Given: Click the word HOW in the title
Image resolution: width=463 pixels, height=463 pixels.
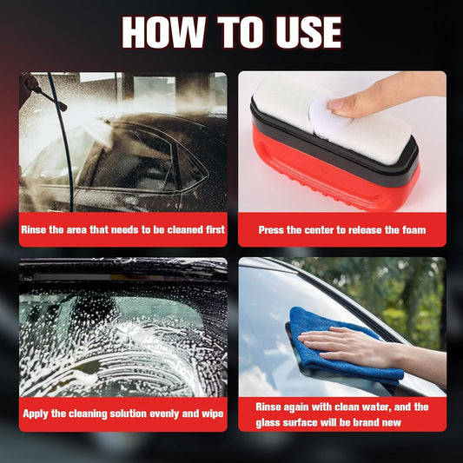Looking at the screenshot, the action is coord(163,32).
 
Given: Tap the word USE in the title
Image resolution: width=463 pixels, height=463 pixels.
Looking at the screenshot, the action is coord(308,32).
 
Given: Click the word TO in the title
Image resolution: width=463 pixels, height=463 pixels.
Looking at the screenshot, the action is coord(240,32).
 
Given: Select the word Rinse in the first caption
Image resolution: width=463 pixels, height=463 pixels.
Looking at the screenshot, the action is coord(34,229).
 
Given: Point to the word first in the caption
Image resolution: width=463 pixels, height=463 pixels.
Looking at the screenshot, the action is coord(215,229).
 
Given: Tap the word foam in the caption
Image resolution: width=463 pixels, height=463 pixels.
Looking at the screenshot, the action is coord(414,230).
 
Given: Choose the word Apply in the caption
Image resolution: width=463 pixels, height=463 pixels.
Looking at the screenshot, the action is coord(36,414).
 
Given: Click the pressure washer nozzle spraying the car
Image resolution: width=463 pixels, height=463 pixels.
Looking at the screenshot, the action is coord(62,106).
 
